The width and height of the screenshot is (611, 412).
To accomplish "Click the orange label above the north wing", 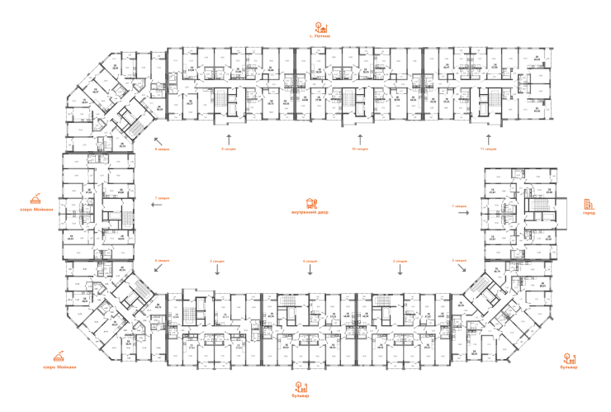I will point(321,31).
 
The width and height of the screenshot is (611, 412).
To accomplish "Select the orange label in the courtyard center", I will point(310,205).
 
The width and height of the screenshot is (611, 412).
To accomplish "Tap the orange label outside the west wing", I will point(35,201).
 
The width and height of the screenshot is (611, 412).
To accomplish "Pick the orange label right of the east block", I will point(588,206).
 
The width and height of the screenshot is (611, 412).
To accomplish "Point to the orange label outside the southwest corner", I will point(59,358).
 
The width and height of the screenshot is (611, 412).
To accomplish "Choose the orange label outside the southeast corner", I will point(569,360).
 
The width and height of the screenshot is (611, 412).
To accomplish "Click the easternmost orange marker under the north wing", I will point(489,149).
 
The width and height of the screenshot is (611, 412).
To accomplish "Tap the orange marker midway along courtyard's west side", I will point(162,199).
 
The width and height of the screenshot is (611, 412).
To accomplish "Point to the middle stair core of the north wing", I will point(357,100).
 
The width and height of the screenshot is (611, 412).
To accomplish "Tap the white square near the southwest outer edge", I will point(142,353).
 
